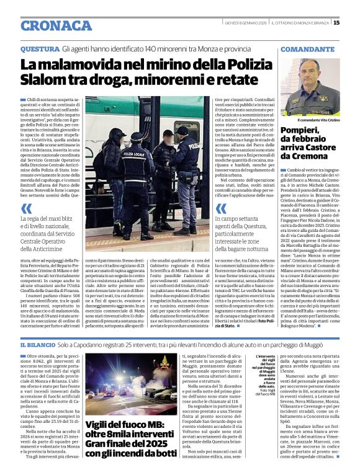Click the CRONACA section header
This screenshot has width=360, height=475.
(56, 25)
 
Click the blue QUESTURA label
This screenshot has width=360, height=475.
(40, 48)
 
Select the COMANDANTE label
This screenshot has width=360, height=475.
(307, 48)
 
